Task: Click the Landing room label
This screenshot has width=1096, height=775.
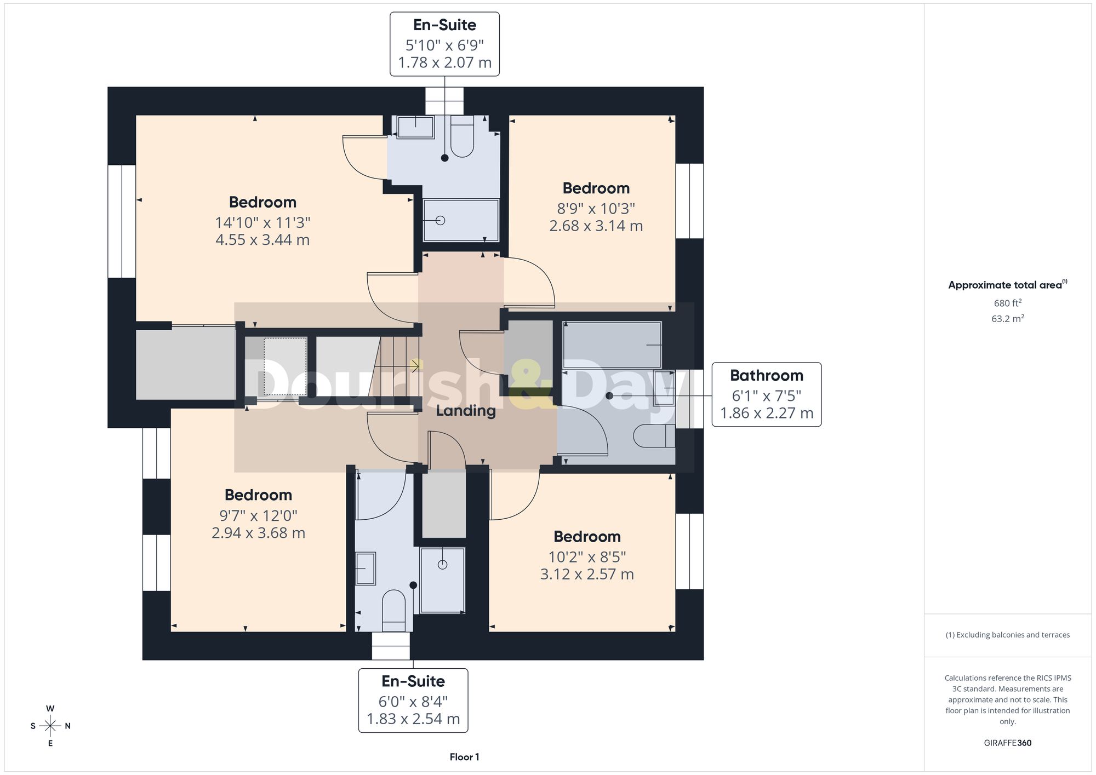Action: click(466, 411)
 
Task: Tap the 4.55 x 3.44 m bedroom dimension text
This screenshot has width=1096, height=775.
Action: click(262, 240)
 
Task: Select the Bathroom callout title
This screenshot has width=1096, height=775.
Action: click(767, 375)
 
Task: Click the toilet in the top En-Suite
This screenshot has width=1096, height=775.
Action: click(462, 137)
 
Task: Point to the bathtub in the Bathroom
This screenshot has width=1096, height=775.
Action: click(612, 345)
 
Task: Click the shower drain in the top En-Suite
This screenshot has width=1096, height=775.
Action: click(440, 221)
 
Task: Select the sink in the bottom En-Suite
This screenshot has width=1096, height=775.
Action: click(366, 569)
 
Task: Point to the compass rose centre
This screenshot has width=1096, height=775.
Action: click(50, 726)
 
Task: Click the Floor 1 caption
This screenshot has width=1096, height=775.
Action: click(464, 757)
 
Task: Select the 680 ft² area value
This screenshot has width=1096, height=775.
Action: click(1008, 303)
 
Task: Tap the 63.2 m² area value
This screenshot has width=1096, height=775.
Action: click(1008, 318)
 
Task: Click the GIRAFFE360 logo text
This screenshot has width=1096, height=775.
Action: click(1008, 743)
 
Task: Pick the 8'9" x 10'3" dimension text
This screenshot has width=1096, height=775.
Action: click(596, 209)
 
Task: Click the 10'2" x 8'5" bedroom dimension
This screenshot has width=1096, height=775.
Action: click(587, 557)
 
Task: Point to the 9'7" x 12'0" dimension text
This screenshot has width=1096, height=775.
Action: click(258, 515)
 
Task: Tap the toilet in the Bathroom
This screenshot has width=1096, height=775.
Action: click(654, 437)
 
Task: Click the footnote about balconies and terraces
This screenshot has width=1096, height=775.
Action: click(1008, 635)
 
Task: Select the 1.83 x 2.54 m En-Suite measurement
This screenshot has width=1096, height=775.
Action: click(413, 719)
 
